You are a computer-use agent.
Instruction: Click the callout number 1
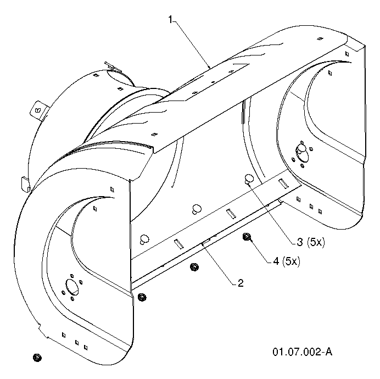click(x=171, y=20)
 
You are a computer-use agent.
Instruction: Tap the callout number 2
click(x=241, y=283)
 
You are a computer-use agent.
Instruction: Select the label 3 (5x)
click(x=311, y=242)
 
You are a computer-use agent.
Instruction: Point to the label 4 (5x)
click(x=287, y=261)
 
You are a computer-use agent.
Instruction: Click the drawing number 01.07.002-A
click(x=302, y=352)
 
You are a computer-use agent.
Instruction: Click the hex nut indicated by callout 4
click(x=247, y=237)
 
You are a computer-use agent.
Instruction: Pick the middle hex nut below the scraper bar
click(x=194, y=267)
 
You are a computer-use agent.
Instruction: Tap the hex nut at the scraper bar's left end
click(x=142, y=297)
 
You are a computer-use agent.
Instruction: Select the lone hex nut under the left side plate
click(x=37, y=358)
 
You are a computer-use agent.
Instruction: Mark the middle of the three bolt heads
click(x=196, y=209)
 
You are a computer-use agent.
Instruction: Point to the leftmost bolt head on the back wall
click(x=144, y=239)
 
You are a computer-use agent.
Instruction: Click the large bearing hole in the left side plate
click(x=72, y=286)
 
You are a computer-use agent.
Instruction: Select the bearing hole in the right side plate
click(x=301, y=152)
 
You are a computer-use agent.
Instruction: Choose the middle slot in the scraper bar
click(x=231, y=214)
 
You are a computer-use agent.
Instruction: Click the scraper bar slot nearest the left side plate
click(x=179, y=244)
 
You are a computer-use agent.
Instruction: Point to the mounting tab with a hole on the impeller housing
click(x=38, y=110)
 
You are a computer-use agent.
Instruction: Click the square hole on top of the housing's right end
click(x=320, y=38)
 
